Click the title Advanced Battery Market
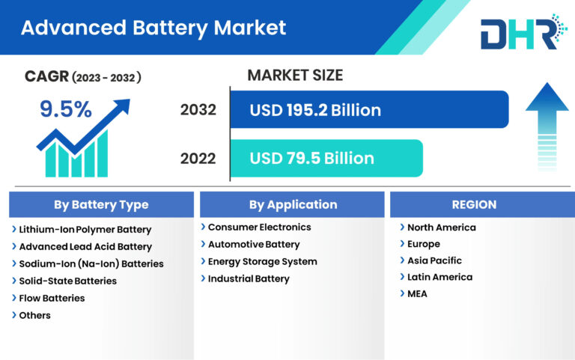point(153,28)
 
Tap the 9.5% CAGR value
point(66,110)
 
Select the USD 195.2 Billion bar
point(368,110)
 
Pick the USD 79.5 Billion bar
point(326,158)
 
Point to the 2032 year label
point(198,110)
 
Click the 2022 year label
point(198,158)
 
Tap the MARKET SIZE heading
point(295,75)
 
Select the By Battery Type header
point(101,204)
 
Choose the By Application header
point(293,204)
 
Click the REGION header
point(474,204)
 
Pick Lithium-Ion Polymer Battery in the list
point(85,230)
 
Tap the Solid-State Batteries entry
point(67,281)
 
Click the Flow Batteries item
point(52,298)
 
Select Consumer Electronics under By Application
point(259,227)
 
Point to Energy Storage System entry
point(262,261)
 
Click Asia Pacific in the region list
point(434,260)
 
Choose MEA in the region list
point(417,293)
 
